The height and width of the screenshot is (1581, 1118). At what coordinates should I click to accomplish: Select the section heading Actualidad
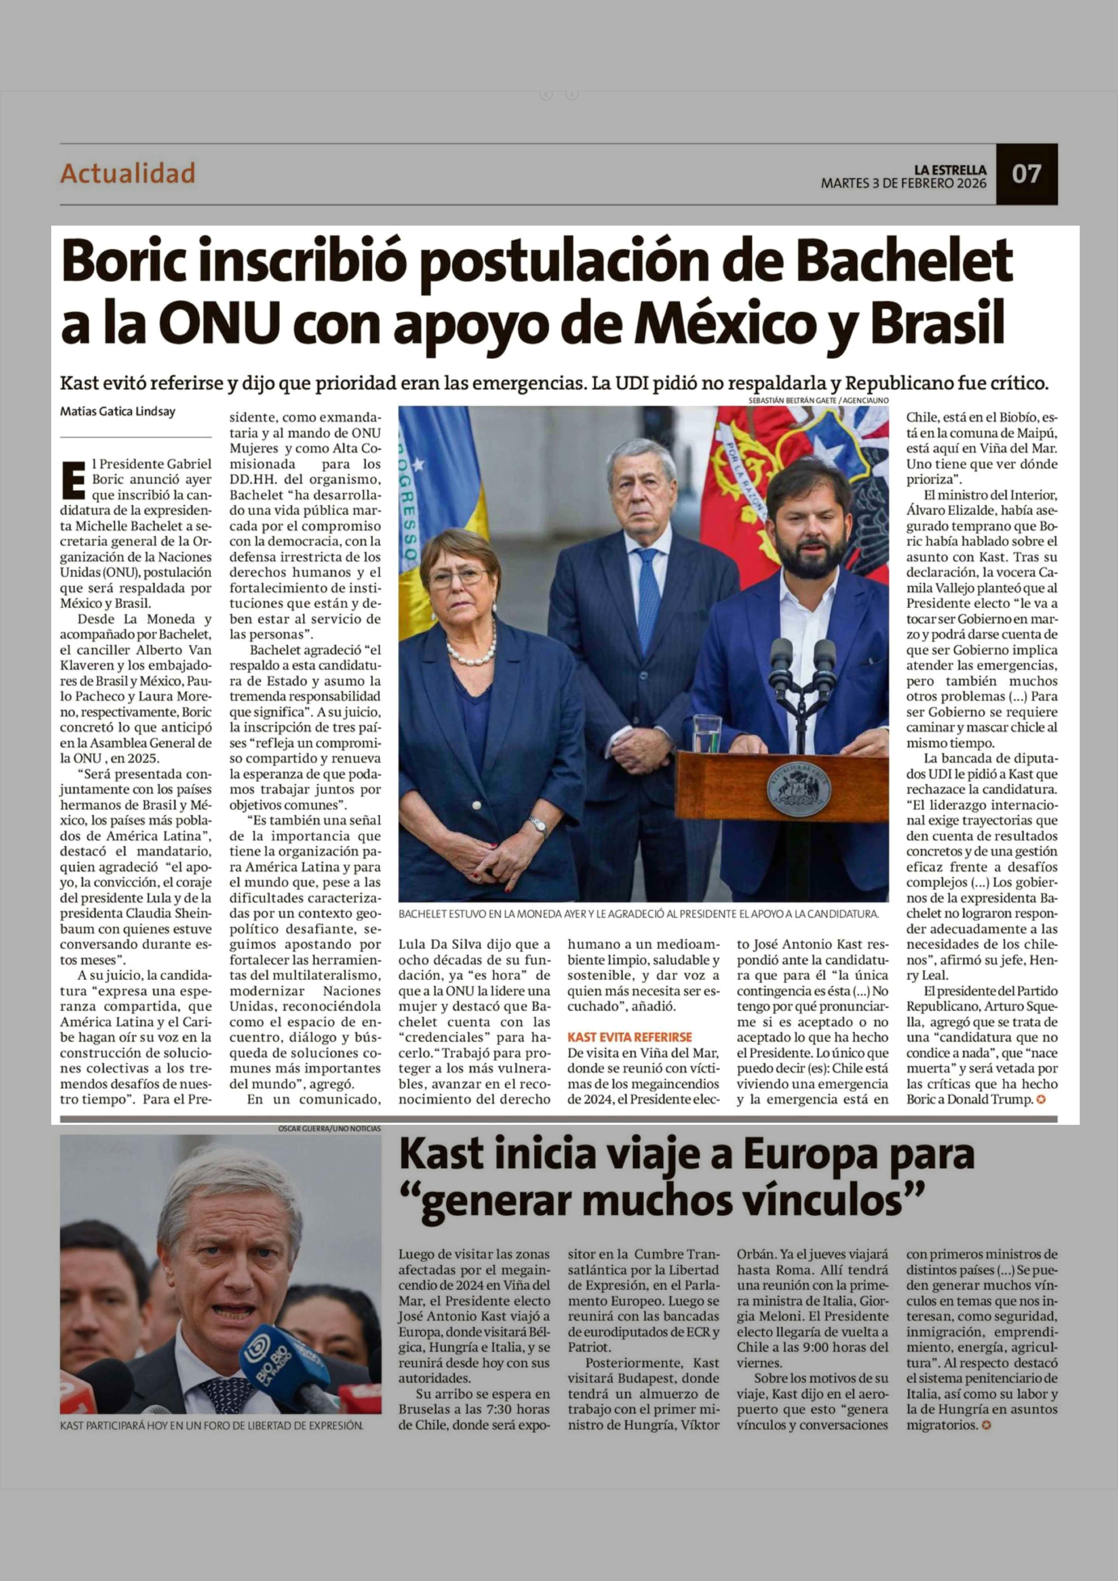coord(128,173)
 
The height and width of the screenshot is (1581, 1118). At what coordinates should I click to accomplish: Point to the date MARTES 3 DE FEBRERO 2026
coord(903,183)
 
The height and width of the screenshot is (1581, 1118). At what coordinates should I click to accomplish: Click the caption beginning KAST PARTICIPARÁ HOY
coord(211,1425)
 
